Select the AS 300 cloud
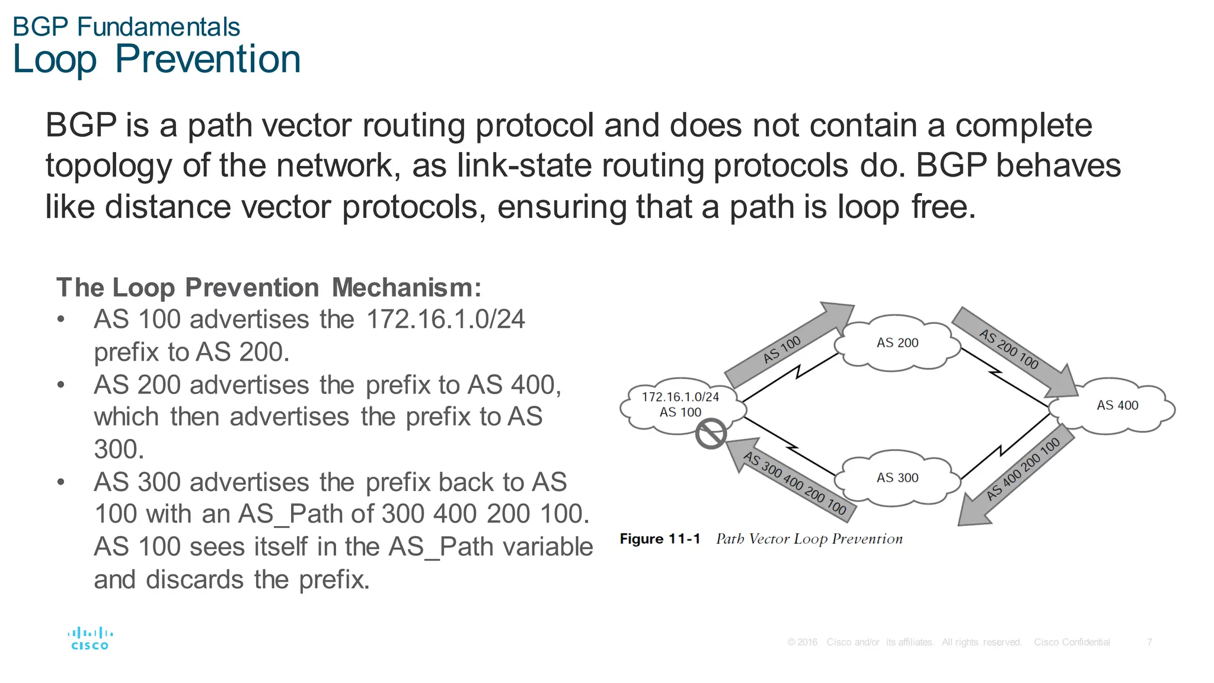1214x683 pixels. (x=897, y=478)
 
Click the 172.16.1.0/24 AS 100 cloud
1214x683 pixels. (x=680, y=405)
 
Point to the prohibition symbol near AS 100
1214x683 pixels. (x=711, y=434)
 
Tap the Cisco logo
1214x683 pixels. (x=90, y=639)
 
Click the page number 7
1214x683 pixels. (x=1149, y=642)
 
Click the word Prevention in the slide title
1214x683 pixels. (x=208, y=60)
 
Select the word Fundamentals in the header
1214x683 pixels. (x=158, y=27)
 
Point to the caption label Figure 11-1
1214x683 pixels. (x=660, y=539)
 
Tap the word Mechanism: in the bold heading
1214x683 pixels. (x=407, y=288)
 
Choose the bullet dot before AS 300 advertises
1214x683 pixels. (x=61, y=482)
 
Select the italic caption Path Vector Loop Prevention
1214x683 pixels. (x=809, y=539)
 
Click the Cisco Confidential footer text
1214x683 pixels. (x=1072, y=642)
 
